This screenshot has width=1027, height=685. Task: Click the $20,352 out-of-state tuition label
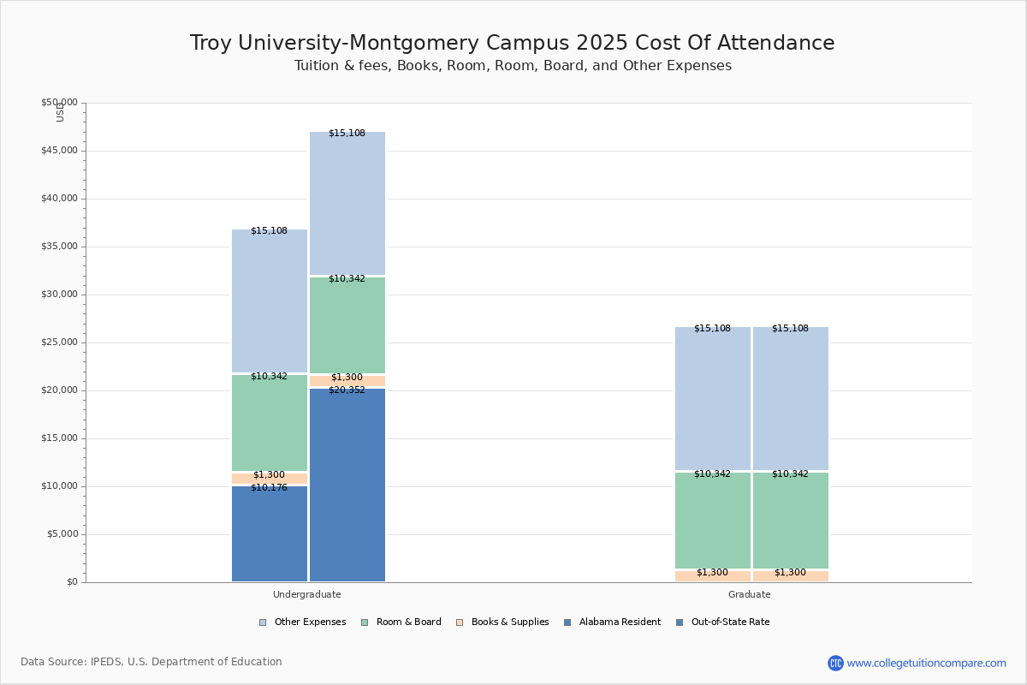coord(347,390)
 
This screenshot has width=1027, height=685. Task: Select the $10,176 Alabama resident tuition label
coord(269,488)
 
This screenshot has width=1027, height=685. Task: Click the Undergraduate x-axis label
coord(306,594)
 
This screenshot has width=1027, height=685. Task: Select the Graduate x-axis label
coord(749,594)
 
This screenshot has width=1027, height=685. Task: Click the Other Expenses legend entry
coord(303,622)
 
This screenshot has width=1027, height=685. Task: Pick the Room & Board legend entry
coord(401,622)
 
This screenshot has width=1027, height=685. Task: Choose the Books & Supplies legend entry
coord(502,622)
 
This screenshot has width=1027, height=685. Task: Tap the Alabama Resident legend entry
coord(613,622)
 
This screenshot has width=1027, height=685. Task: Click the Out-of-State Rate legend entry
coord(723,622)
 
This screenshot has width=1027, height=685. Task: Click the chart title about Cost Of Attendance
coord(512,43)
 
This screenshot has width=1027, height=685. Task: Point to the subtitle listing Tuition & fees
coord(513,66)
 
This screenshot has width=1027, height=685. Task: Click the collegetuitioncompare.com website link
coord(926,663)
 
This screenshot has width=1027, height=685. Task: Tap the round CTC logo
coord(835,663)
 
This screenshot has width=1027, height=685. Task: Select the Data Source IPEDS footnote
coord(151,662)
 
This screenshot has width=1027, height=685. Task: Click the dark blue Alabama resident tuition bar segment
coord(270,533)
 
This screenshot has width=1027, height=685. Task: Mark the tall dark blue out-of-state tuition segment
coord(347,485)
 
